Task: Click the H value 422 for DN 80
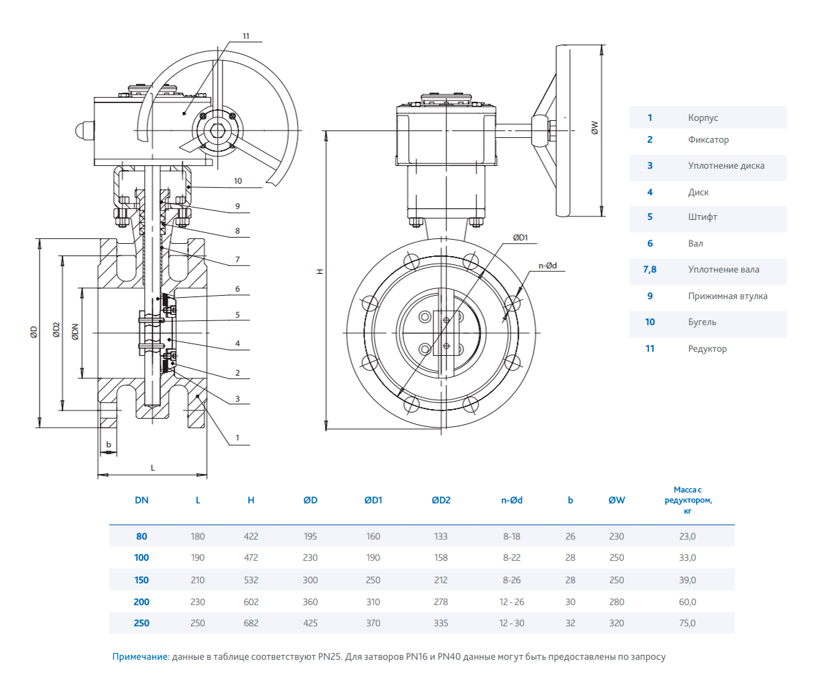pos(250,536)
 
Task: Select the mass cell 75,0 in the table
pos(687,623)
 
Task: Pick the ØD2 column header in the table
pos(441,500)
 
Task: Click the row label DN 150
pos(141,580)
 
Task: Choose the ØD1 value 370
pos(373,623)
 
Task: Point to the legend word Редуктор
pos(707,348)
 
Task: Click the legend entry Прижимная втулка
pos(728,296)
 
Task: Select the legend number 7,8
pos(650,269)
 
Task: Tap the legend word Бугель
pos(702,322)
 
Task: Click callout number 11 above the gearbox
pos(246,36)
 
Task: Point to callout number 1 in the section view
pos(237,437)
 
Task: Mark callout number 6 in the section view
pos(237,289)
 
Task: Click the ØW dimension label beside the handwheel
pos(595,128)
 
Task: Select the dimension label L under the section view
pos(152,467)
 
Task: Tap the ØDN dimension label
pos(75,332)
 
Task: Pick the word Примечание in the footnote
pos(140,656)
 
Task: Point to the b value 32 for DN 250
pos(571,623)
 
